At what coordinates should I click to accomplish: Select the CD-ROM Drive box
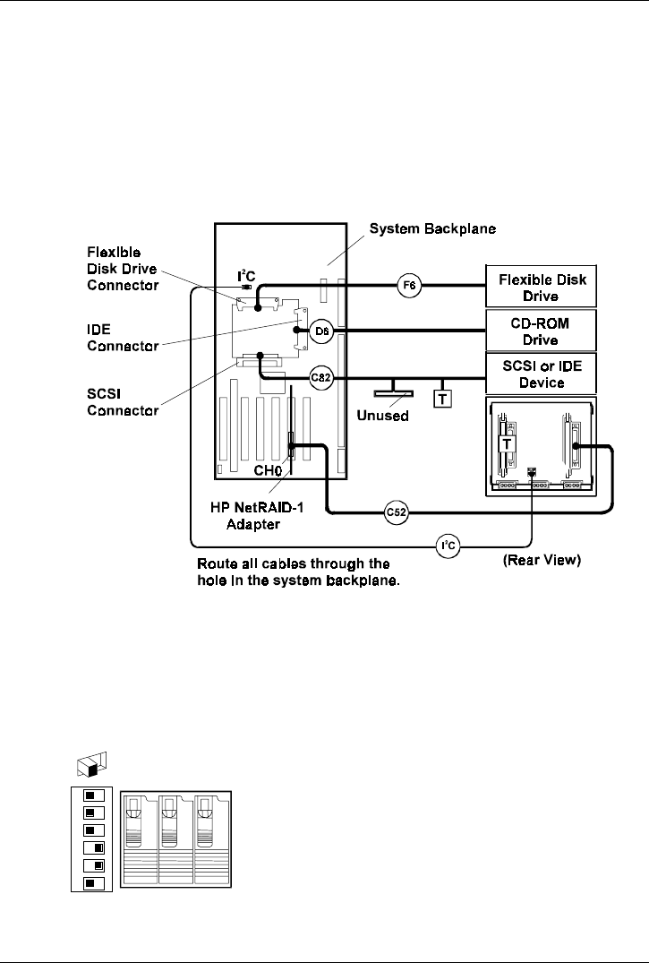click(543, 330)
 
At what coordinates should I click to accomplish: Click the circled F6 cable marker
click(409, 287)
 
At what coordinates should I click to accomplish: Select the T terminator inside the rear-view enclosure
click(506, 444)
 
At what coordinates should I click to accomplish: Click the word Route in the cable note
click(216, 565)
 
